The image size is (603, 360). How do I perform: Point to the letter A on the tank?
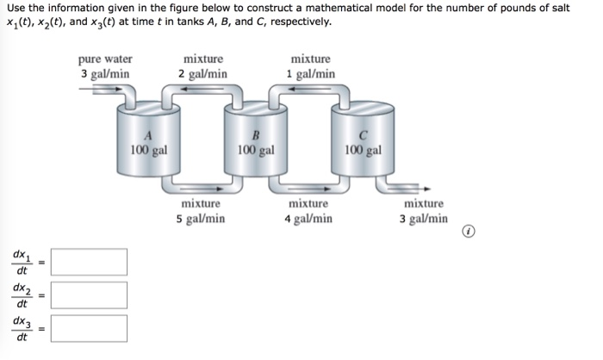click(x=147, y=135)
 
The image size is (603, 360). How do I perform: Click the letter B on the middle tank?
click(x=255, y=135)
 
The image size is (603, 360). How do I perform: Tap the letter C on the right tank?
click(x=363, y=135)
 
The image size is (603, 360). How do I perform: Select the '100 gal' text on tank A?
click(x=148, y=149)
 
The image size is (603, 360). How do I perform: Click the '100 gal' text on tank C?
click(x=363, y=149)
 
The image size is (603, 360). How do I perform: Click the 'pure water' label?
click(x=105, y=59)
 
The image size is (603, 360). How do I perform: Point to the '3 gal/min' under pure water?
click(x=105, y=73)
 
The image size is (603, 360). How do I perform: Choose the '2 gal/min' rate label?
click(x=203, y=73)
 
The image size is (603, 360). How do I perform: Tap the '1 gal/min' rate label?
click(x=311, y=73)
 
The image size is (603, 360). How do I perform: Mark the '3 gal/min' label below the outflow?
click(x=423, y=219)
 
